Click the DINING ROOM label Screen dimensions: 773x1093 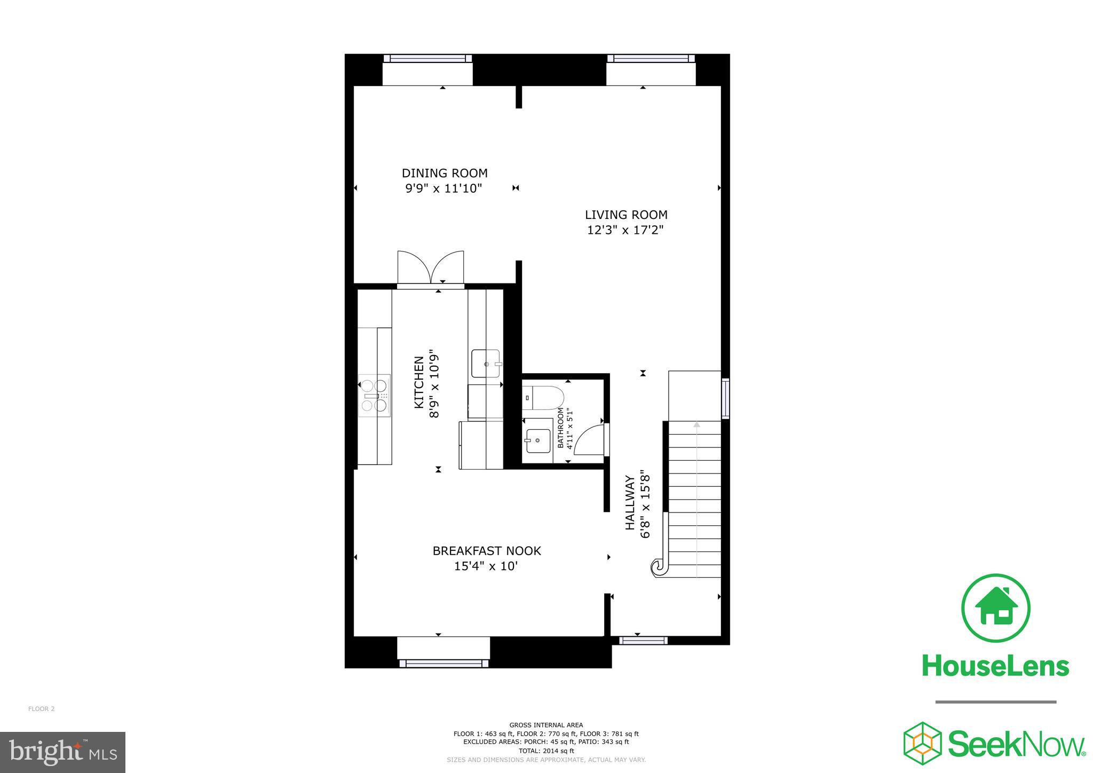(444, 173)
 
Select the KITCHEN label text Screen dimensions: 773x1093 (419, 383)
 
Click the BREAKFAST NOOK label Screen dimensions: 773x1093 (486, 551)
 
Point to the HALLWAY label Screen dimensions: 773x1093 (630, 502)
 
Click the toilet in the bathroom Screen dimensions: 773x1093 (543, 397)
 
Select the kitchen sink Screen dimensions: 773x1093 (485, 364)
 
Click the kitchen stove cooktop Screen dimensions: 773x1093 (374, 396)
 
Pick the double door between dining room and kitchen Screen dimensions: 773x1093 (431, 268)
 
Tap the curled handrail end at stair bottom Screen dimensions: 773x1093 (658, 566)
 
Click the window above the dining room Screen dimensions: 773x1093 (427, 59)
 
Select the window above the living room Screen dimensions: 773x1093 (651, 59)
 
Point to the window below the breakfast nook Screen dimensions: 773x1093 (443, 664)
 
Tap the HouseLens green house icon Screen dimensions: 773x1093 (995, 608)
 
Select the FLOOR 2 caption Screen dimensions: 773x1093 (41, 709)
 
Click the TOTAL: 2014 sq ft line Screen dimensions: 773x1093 (546, 751)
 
